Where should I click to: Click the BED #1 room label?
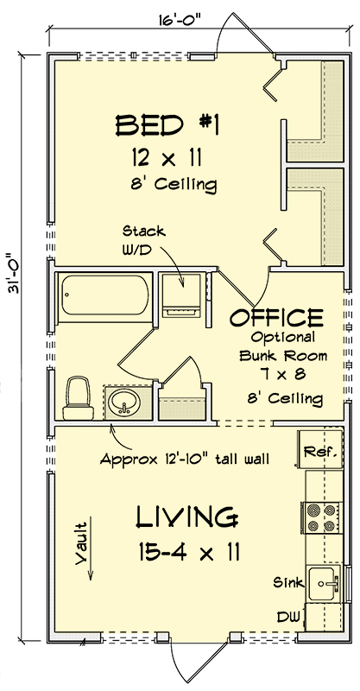tap(168, 127)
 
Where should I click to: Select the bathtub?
tap(105, 298)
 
